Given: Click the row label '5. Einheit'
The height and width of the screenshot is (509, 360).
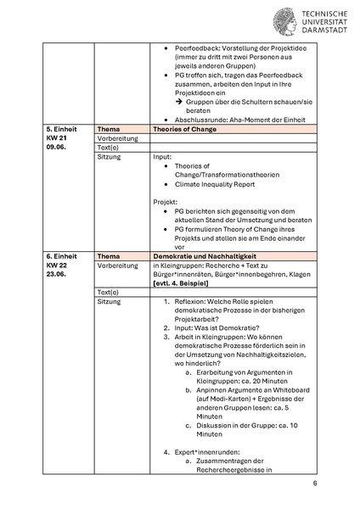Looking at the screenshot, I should (60, 128).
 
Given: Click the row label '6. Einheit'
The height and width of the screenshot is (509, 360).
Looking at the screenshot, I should (60, 255).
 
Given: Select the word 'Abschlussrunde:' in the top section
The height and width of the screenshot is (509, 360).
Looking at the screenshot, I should (200, 119).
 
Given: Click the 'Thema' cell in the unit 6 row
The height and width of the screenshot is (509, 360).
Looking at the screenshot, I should (109, 255).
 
